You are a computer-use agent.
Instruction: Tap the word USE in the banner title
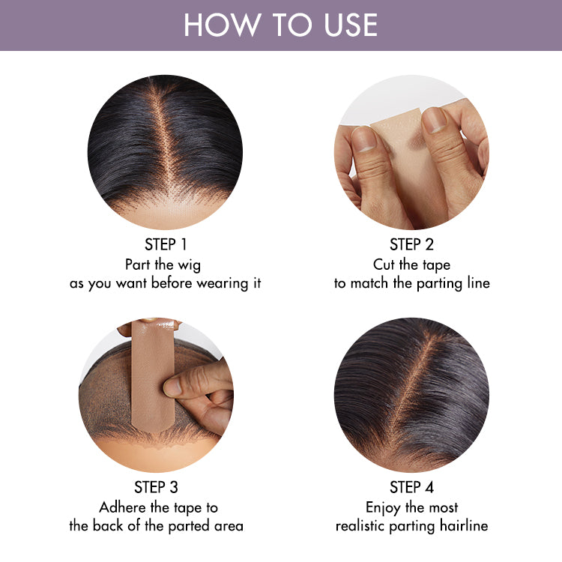(x=351, y=25)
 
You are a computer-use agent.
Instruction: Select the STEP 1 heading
(x=166, y=244)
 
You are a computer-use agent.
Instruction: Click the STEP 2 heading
(x=412, y=244)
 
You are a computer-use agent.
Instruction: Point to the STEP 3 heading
(x=157, y=487)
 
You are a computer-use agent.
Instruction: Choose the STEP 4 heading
(x=412, y=487)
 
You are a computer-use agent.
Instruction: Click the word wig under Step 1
(x=190, y=265)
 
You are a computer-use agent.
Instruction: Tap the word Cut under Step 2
(x=384, y=265)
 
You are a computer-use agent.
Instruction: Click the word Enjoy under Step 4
(x=383, y=508)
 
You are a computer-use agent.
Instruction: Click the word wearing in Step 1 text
(x=223, y=284)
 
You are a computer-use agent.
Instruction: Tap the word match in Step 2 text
(x=369, y=283)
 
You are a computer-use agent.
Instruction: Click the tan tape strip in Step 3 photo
(x=152, y=375)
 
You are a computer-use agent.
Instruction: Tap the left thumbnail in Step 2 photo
(x=363, y=139)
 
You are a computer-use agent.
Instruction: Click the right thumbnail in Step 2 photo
(x=434, y=120)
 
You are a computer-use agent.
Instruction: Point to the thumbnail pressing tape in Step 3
(x=172, y=388)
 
